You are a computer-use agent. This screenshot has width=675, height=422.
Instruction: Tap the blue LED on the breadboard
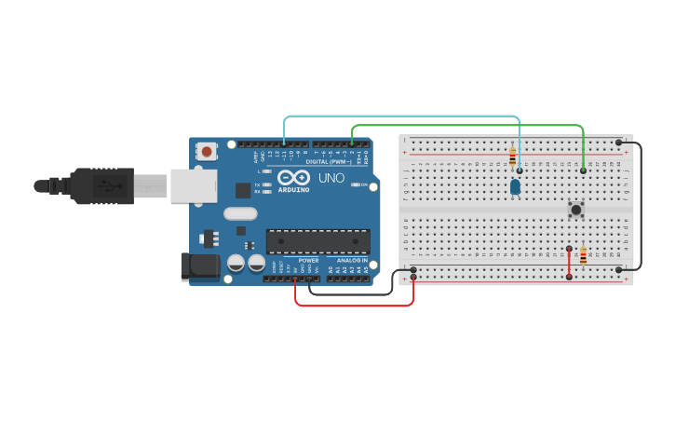click(x=515, y=187)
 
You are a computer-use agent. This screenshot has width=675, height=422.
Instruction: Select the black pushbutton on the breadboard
click(x=576, y=210)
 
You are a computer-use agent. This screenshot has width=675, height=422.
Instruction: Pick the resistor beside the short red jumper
click(x=584, y=256)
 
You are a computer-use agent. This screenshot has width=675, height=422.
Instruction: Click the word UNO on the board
click(x=331, y=178)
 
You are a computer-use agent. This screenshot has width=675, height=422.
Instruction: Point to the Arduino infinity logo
click(x=294, y=177)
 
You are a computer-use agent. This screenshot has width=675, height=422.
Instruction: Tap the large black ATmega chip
click(x=317, y=241)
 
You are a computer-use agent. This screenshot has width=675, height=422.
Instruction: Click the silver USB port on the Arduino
click(x=192, y=185)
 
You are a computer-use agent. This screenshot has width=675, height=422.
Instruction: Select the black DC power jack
click(x=199, y=266)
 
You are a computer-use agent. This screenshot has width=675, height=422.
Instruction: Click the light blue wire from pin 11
click(x=400, y=117)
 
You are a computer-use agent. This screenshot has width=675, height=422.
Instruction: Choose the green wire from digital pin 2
click(x=466, y=125)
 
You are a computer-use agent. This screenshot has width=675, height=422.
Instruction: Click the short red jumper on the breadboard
click(x=569, y=263)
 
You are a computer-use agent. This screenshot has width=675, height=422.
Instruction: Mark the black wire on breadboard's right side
click(x=640, y=205)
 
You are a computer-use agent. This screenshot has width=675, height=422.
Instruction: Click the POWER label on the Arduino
click(x=309, y=261)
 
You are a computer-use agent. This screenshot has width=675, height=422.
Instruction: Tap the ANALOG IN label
click(x=352, y=261)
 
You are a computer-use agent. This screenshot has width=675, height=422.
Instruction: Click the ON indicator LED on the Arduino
click(x=356, y=184)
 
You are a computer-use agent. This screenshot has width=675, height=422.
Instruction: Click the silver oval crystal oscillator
click(x=239, y=213)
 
